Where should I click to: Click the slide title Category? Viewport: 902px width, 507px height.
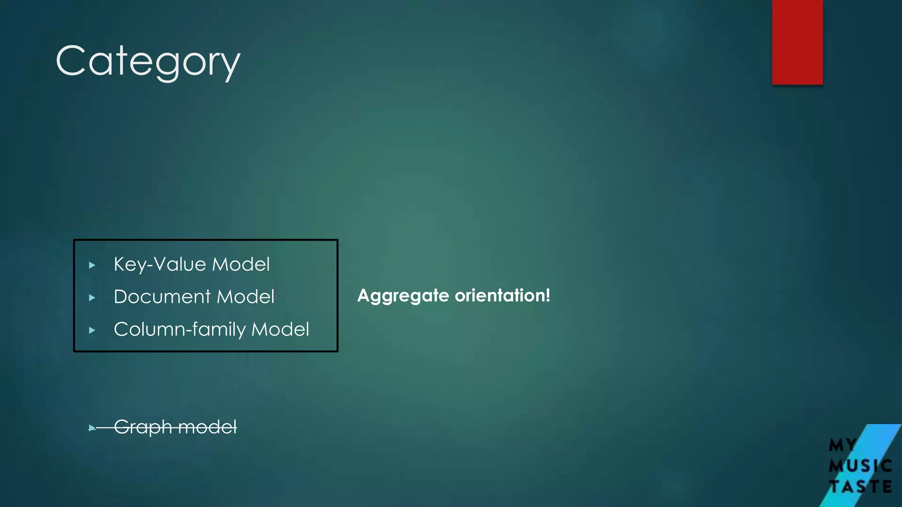click(x=148, y=62)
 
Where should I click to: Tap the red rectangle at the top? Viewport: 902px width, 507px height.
click(x=797, y=42)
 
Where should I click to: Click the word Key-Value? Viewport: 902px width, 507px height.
click(x=160, y=265)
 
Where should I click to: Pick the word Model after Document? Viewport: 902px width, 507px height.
click(x=245, y=297)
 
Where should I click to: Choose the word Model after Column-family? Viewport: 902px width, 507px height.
click(x=280, y=329)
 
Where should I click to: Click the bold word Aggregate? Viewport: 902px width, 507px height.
click(x=403, y=296)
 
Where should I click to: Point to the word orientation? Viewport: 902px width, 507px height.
click(x=503, y=295)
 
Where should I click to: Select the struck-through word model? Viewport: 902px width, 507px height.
click(x=207, y=427)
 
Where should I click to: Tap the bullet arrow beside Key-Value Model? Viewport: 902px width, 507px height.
click(x=92, y=265)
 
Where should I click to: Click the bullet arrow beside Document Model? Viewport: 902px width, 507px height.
click(x=92, y=298)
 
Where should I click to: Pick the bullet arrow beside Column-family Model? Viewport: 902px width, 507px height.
click(x=92, y=331)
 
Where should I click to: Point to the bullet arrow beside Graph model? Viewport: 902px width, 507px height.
click(x=92, y=428)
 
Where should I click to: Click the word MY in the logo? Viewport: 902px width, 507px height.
click(x=843, y=445)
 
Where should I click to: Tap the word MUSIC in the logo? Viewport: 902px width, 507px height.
click(x=860, y=466)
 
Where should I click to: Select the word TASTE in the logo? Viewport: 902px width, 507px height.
click(x=860, y=487)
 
